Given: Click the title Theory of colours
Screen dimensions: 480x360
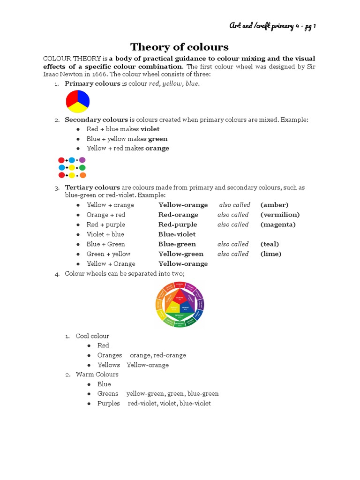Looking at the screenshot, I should click(180, 47).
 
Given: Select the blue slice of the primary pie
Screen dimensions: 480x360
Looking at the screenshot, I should click(83, 97).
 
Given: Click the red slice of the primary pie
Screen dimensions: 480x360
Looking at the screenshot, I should click(72, 97).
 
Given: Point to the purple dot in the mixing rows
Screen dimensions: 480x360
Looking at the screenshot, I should click(82, 160).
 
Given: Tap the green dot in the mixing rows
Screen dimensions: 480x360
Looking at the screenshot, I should click(82, 167).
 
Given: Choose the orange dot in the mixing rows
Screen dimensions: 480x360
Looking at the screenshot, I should click(82, 175).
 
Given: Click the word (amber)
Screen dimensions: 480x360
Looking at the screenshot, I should click(274, 205).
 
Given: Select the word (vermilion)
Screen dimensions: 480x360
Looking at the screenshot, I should click(280, 215).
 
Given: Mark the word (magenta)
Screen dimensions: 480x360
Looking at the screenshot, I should click(278, 225).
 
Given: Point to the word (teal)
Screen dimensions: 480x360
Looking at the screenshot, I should click(270, 244).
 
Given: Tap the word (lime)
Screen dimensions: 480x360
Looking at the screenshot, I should click(271, 254).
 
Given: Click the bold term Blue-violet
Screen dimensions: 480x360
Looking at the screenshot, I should click(177, 234).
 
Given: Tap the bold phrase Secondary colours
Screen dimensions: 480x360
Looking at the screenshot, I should click(96, 120).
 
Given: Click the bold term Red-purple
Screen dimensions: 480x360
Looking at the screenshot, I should click(178, 225).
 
